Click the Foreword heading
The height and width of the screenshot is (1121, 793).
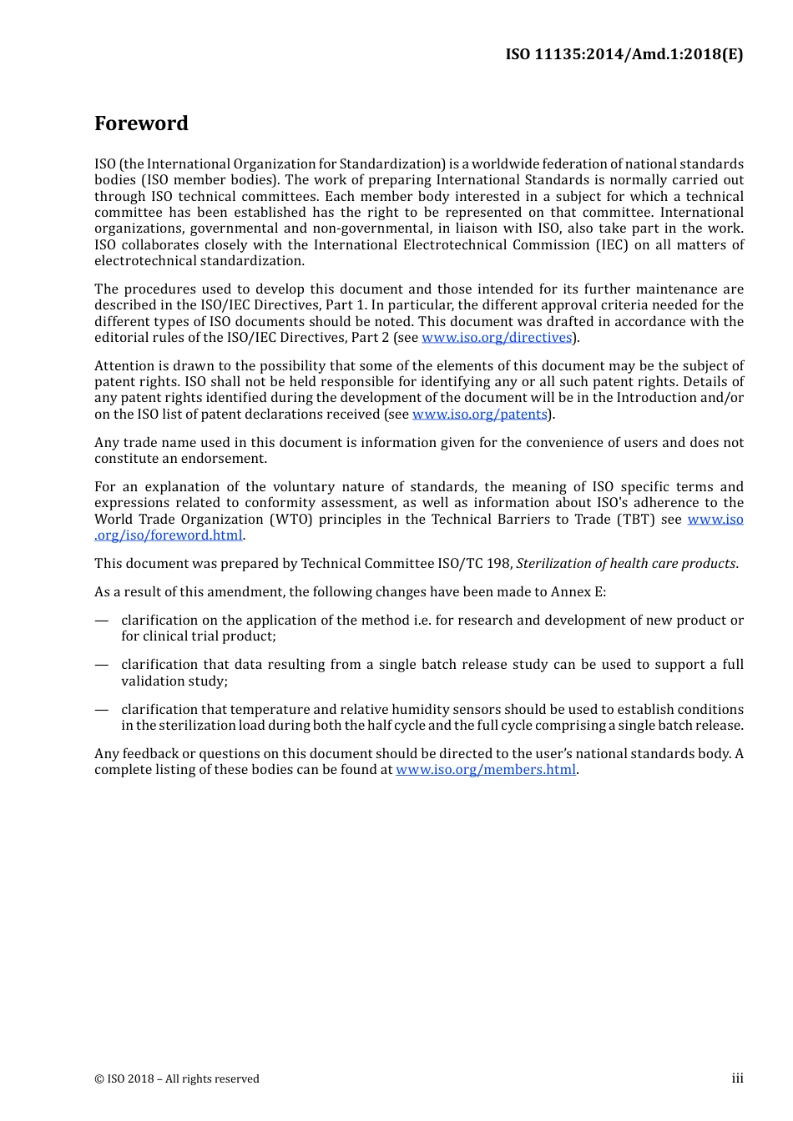pos(141,123)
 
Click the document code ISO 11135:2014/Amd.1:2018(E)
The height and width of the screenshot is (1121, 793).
pos(624,54)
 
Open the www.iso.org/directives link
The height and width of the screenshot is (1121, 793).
pos(497,338)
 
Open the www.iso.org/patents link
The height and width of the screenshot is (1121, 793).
pos(480,415)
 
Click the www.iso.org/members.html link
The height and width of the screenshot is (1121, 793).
pos(486,770)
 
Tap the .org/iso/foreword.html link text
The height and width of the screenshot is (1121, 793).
pos(169,535)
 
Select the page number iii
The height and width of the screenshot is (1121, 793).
pos(737,1078)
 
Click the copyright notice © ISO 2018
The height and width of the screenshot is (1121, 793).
pos(177,1079)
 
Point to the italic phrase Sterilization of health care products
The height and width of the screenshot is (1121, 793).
pos(626,564)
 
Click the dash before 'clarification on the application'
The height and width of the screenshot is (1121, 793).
pos(101,621)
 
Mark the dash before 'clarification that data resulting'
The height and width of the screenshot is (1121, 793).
pos(101,665)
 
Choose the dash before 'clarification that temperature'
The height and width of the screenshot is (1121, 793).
pos(101,710)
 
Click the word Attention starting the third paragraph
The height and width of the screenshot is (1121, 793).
pos(124,366)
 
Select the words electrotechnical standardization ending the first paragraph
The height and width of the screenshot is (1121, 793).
pos(199,261)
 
